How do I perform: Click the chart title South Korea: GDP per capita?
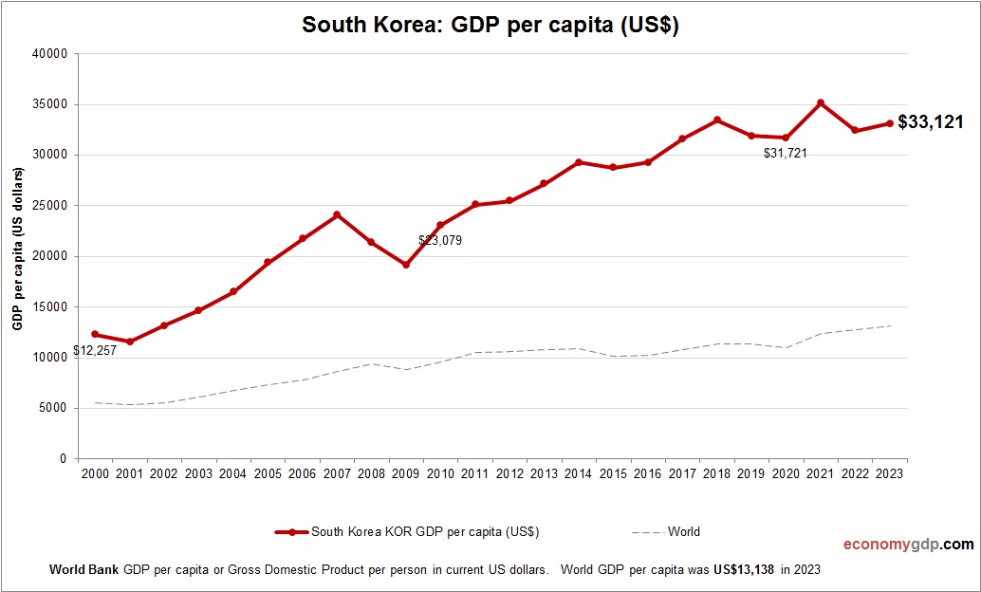tap(490, 26)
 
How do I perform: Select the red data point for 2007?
tap(337, 214)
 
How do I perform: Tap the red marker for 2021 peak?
tap(821, 102)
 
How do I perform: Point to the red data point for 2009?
tap(406, 265)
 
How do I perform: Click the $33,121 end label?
tap(931, 121)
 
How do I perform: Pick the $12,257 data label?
tap(98, 352)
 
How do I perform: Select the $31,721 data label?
tap(785, 153)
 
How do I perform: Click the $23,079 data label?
tap(440, 241)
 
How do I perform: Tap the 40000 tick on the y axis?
tap(49, 54)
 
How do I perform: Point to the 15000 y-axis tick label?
tap(49, 307)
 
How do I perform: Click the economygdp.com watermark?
tap(908, 545)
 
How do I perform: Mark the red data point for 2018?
tap(717, 120)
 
